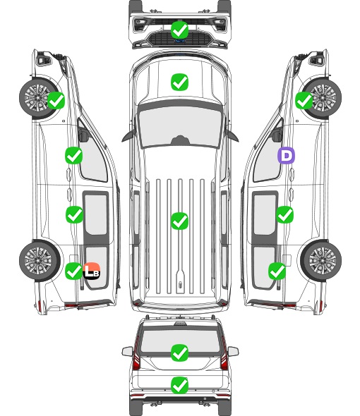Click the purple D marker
(x=286, y=155)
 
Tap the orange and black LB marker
(x=91, y=271)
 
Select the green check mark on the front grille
(x=180, y=30)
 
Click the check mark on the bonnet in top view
(x=180, y=82)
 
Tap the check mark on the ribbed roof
(x=180, y=221)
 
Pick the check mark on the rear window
(x=180, y=353)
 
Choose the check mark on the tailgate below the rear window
(x=180, y=385)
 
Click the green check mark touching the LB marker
(x=73, y=271)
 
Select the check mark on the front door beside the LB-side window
(x=74, y=155)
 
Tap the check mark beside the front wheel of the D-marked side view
(x=304, y=101)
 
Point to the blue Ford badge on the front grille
(x=180, y=41)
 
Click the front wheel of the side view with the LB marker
(x=39, y=97)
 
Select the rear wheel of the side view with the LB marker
(x=40, y=261)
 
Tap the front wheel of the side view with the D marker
(x=323, y=97)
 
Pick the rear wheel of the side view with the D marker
(x=321, y=261)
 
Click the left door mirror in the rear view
(x=127, y=351)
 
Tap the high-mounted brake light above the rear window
(x=180, y=324)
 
